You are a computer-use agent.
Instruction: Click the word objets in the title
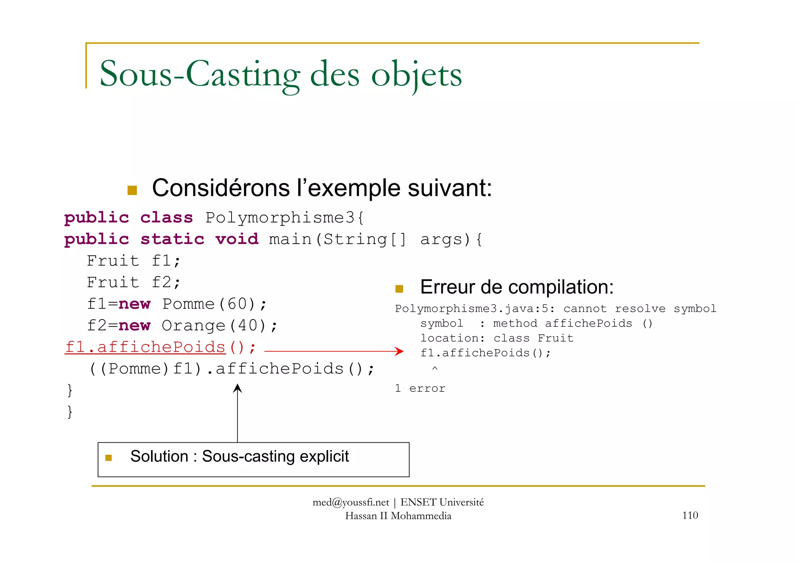point(416,74)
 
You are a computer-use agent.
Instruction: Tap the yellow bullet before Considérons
point(132,190)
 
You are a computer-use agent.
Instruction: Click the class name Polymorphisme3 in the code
point(280,218)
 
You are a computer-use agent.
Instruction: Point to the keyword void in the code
point(237,239)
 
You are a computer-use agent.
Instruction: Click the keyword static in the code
point(172,239)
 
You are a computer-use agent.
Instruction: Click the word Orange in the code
point(193,326)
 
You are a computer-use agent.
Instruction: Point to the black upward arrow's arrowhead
point(237,388)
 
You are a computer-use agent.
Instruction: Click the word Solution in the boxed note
point(159,456)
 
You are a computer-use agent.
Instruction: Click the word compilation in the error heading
point(560,287)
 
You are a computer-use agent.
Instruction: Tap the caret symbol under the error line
point(435,368)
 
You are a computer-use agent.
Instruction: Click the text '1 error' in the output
point(420,388)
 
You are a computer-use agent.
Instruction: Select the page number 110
point(690,515)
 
